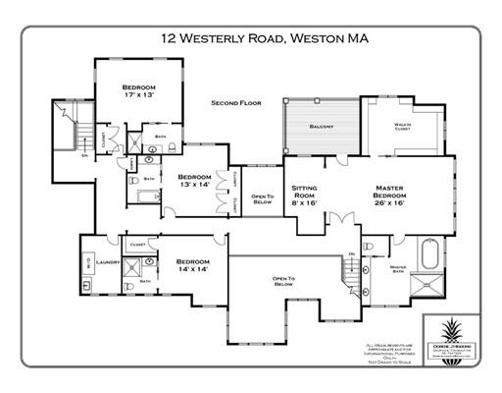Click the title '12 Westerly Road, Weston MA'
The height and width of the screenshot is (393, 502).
(x=251, y=40)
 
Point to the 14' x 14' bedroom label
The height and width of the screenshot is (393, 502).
(x=193, y=265)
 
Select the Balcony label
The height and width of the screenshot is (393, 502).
(x=322, y=127)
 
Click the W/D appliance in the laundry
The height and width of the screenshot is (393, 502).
(x=88, y=262)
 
